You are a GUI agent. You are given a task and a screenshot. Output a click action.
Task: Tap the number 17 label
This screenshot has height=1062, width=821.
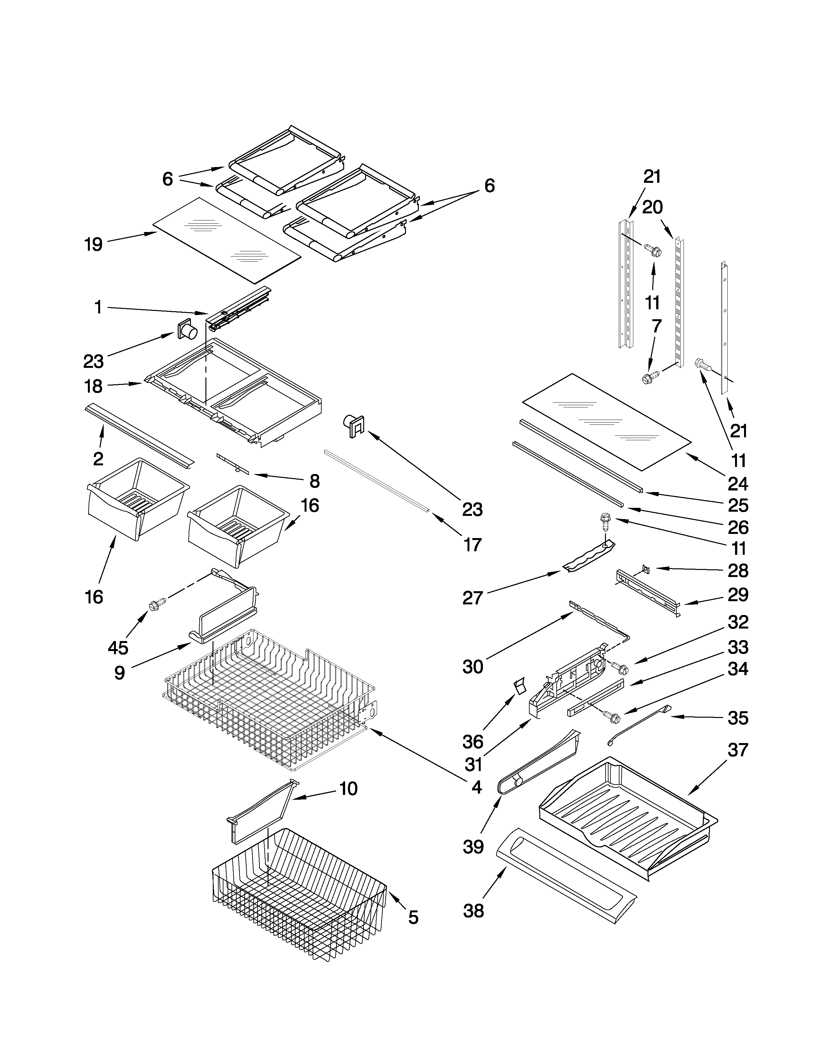[x=472, y=545]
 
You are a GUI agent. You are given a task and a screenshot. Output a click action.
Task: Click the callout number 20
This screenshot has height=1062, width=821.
[x=652, y=208]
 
